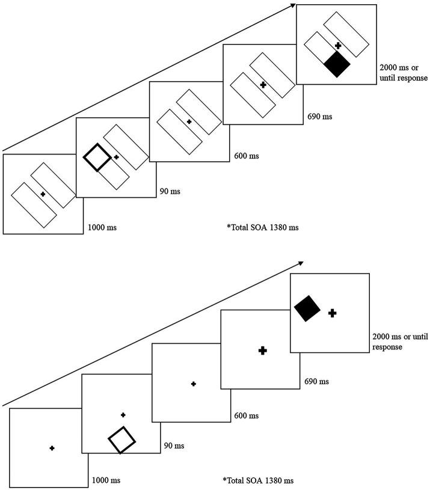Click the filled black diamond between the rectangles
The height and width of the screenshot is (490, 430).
[x=336, y=64]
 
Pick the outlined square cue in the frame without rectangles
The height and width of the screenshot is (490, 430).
[x=122, y=440]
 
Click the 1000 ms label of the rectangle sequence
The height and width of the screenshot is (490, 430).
[x=100, y=228]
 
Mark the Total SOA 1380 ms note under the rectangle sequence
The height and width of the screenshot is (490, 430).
[x=258, y=228]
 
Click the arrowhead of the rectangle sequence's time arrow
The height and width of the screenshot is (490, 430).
[x=293, y=5]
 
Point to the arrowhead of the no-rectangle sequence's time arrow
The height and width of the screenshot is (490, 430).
[x=301, y=263]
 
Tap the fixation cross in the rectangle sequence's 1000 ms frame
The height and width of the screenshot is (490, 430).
[x=42, y=194]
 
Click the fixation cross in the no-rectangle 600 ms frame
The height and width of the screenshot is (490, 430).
[x=192, y=383]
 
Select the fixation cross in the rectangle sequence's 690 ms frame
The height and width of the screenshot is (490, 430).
[x=263, y=85]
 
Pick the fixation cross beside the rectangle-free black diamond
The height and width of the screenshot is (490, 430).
[x=332, y=313]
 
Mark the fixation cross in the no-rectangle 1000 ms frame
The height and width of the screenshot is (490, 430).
[x=52, y=448]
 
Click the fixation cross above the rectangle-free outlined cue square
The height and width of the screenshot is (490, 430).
[x=123, y=415]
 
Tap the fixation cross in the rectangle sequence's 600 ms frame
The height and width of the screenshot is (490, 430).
[x=189, y=121]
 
